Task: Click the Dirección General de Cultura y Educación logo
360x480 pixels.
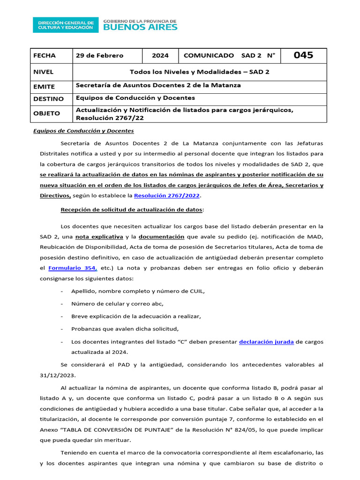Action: (x=66, y=25)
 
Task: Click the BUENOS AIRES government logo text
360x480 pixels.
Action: (x=140, y=27)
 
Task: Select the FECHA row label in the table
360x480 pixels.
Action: (x=45, y=56)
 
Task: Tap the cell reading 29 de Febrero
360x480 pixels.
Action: (x=100, y=56)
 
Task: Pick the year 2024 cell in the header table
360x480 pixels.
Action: (x=160, y=56)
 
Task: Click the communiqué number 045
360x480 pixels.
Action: (x=303, y=56)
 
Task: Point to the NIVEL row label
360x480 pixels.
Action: (x=44, y=72)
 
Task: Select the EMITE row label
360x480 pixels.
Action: (x=44, y=87)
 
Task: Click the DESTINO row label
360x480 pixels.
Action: (x=48, y=99)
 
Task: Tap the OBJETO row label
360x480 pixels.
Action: (x=46, y=113)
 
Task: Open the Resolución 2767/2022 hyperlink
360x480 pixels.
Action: (x=167, y=195)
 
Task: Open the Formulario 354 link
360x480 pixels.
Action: (x=73, y=268)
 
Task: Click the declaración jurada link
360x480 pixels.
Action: (x=266, y=342)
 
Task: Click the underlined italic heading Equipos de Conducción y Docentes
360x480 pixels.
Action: (x=83, y=131)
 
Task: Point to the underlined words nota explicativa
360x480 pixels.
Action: (x=99, y=237)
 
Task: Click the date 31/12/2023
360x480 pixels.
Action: (x=58, y=375)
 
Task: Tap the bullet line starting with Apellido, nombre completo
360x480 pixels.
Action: (x=138, y=291)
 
